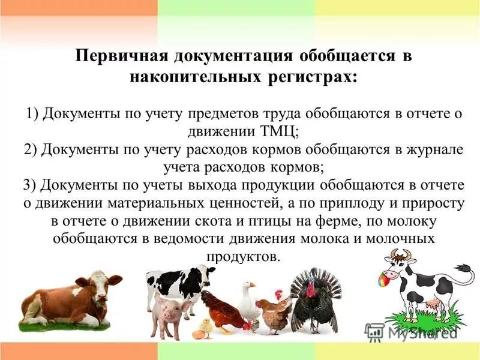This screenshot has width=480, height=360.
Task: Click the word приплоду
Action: [x=347, y=203]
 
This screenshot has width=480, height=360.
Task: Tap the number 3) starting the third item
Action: [x=32, y=185]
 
